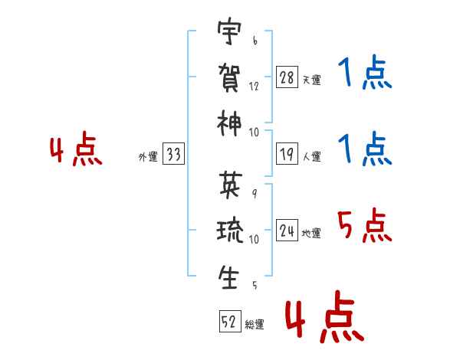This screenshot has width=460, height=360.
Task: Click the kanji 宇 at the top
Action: coord(229,31)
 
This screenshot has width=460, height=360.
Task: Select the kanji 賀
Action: coord(229,77)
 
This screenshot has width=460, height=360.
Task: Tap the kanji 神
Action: coord(229,123)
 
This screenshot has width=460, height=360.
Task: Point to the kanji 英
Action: coord(231,185)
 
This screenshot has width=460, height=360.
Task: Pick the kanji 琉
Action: coord(230,230)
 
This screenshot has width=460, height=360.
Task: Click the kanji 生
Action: coord(228,277)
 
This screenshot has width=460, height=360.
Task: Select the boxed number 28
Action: coord(287,77)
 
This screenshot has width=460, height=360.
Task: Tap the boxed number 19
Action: coord(287,154)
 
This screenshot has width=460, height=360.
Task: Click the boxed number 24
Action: coord(287,231)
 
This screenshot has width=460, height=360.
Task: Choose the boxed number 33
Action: coord(173,153)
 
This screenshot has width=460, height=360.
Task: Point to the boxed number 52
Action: coord(230,321)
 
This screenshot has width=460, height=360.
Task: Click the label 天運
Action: coord(312,80)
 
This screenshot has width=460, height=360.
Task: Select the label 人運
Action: coord(312,156)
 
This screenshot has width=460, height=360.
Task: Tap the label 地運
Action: coord(311,234)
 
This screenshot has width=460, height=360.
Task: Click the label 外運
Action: coord(148,157)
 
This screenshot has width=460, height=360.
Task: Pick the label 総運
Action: coord(255,325)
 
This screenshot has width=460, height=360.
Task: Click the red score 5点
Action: coord(365,225)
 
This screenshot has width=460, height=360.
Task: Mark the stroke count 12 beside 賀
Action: coord(254,87)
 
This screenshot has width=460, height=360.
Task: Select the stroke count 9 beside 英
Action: coord(255,194)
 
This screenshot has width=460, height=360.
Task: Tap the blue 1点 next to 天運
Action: coord(365,72)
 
